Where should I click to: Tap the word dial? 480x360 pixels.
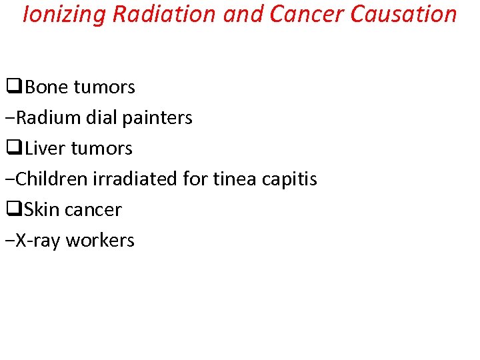point(103,118)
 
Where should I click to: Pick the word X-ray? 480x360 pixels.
point(40,241)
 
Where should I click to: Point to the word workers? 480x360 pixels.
point(101,241)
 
